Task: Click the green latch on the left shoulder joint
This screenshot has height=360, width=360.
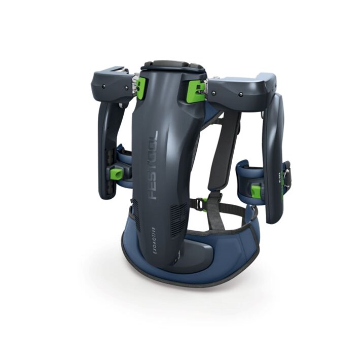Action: [140, 88]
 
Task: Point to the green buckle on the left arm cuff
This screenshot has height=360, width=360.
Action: [116, 174]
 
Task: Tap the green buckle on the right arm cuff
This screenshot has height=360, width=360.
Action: [256, 191]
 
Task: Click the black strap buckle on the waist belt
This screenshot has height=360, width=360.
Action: [199, 204]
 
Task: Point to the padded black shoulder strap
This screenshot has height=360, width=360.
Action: [223, 152]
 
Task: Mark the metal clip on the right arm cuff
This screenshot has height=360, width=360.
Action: [287, 175]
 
